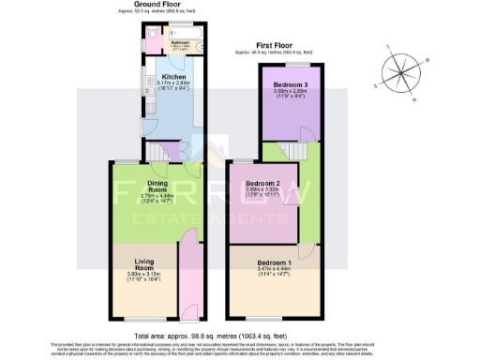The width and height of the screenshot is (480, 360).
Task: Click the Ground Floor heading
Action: [x=166, y=6]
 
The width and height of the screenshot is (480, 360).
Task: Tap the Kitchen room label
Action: [x=174, y=77]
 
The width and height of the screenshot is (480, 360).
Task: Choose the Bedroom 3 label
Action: [x=291, y=84]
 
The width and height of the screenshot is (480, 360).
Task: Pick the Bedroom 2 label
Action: [x=263, y=183]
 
